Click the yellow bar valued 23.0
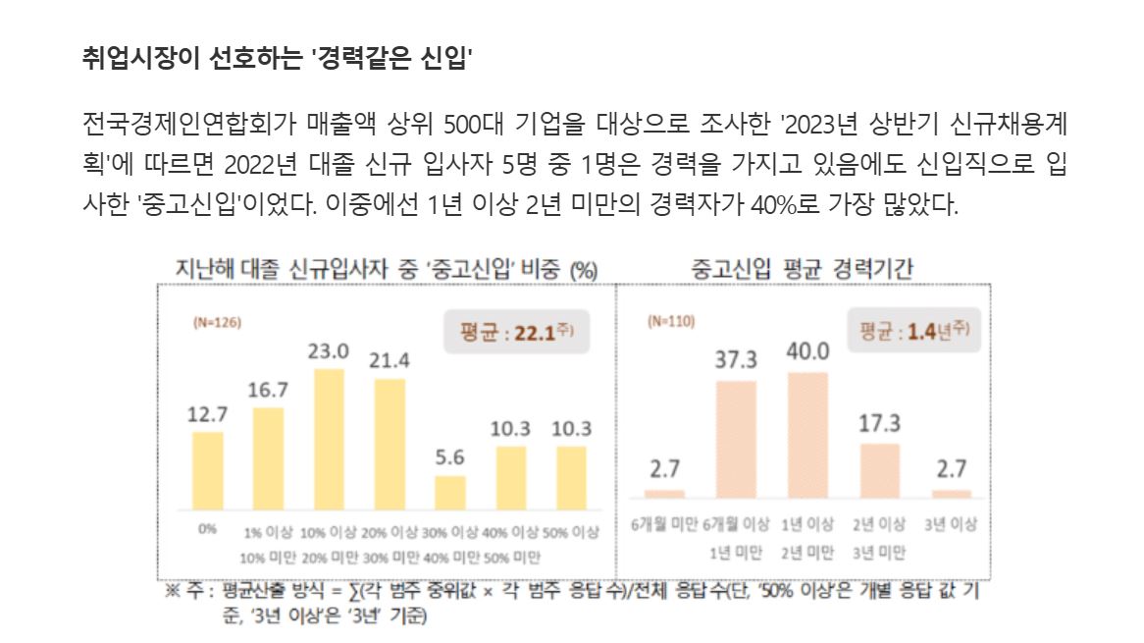coord(329,438)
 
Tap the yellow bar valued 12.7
coord(207,469)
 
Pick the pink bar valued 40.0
coord(807,435)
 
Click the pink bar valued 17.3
coord(879,471)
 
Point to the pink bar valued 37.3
coord(736,439)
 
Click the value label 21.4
coord(390,360)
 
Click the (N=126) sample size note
coord(217,321)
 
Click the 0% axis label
coord(207,528)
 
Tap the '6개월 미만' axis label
coord(664,525)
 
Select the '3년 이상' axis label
coord(950,525)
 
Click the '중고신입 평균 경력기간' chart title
coord(803,268)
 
